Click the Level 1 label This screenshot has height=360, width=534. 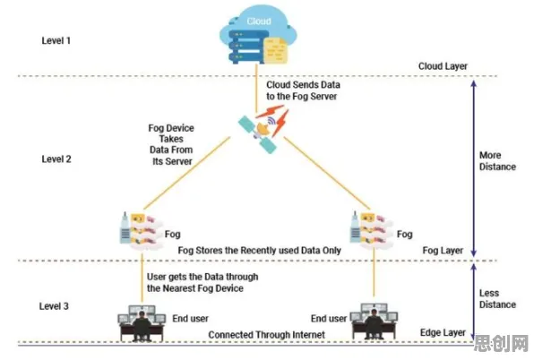pos(56,40)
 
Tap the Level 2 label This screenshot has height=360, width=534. pos(56,159)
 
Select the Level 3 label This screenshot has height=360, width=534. pos(54,306)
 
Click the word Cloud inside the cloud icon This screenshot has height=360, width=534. pos(259,21)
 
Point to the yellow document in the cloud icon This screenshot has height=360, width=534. pos(275,50)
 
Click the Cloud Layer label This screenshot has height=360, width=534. pos(443,66)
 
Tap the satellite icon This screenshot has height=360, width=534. pos(263,129)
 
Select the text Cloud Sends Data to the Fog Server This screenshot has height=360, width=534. pos(303,90)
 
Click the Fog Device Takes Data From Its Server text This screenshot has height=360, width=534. pos(171,144)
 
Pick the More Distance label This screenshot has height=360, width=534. pos(497,161)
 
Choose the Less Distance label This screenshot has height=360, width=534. pos(497,299)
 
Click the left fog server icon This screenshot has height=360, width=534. pos(141,231)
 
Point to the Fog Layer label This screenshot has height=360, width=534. pos(443,251)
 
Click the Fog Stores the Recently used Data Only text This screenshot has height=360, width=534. pos(259,251)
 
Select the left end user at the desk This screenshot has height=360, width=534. pos(142,323)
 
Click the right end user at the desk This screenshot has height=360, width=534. pos(375,321)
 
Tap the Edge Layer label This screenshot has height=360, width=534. pos(443,332)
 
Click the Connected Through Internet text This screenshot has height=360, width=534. pos(267,335)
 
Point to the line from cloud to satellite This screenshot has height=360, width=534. pos(256,88)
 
